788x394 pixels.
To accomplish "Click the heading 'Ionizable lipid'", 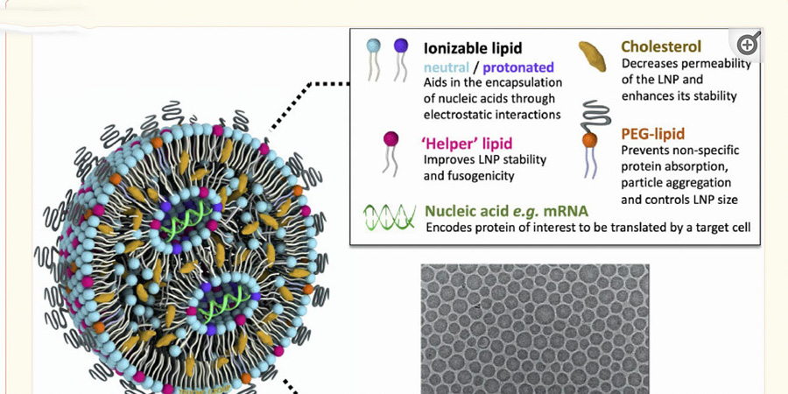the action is click(x=473, y=48).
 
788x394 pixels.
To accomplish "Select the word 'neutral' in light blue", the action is click(x=447, y=67).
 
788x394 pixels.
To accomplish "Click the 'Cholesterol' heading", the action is click(x=661, y=46).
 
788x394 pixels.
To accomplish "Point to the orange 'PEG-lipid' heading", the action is click(x=653, y=134).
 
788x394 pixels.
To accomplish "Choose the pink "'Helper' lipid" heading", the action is click(x=467, y=144).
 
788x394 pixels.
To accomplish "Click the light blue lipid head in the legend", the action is click(x=373, y=46).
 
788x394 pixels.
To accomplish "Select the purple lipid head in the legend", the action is click(x=401, y=46).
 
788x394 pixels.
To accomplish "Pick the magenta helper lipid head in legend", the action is click(x=390, y=138).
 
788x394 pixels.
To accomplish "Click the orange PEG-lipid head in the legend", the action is click(x=589, y=140).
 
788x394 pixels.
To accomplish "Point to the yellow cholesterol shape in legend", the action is click(x=592, y=56).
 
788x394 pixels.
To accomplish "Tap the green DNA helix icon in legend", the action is click(x=390, y=217).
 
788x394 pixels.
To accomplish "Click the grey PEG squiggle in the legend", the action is click(x=595, y=114).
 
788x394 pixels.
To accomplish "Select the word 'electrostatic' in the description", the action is click(x=456, y=115).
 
